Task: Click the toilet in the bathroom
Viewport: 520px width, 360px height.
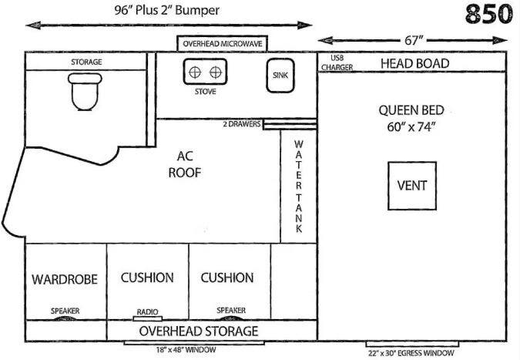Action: click(85, 92)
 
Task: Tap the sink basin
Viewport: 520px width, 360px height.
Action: click(280, 76)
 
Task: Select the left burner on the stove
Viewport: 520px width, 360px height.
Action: click(195, 72)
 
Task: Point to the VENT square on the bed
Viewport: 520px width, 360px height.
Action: click(412, 186)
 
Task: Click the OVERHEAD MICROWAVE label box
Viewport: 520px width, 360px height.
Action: click(223, 44)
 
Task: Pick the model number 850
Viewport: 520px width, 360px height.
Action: click(489, 14)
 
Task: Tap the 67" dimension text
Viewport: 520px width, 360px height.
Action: click(414, 41)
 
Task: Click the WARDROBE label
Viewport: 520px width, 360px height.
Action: click(65, 279)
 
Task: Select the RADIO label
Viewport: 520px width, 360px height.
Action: click(148, 312)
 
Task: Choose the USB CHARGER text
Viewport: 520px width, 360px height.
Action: click(337, 62)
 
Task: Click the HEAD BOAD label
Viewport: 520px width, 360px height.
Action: click(415, 63)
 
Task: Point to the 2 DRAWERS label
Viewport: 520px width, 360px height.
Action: click(242, 124)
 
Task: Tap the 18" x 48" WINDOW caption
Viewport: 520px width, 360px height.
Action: click(186, 350)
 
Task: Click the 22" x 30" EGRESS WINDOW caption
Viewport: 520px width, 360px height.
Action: click(411, 353)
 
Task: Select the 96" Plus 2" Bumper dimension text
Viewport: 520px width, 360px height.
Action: click(167, 10)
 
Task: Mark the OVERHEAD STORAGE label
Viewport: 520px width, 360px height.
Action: click(199, 331)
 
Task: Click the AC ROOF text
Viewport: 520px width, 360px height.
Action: click(185, 164)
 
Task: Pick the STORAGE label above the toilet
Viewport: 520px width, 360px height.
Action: click(86, 62)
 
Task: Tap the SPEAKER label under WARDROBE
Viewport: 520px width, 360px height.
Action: click(65, 311)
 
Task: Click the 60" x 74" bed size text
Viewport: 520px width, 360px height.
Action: click(411, 126)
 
